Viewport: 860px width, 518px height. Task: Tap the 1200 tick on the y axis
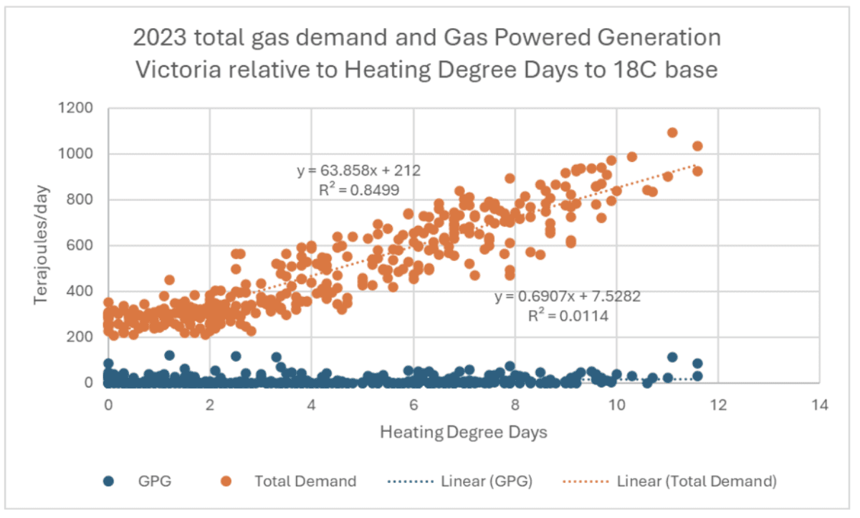(x=80, y=108)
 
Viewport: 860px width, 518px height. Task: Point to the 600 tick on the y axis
(x=84, y=245)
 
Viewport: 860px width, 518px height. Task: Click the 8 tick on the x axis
(x=515, y=405)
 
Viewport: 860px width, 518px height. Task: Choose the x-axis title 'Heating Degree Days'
(x=464, y=433)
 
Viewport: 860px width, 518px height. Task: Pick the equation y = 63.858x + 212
(x=358, y=171)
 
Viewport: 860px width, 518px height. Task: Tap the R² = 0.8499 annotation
(x=358, y=190)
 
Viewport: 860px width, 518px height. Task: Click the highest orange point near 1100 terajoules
(x=672, y=133)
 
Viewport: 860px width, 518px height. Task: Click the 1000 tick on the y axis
(x=80, y=154)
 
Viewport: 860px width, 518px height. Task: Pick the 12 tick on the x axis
(x=718, y=405)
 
